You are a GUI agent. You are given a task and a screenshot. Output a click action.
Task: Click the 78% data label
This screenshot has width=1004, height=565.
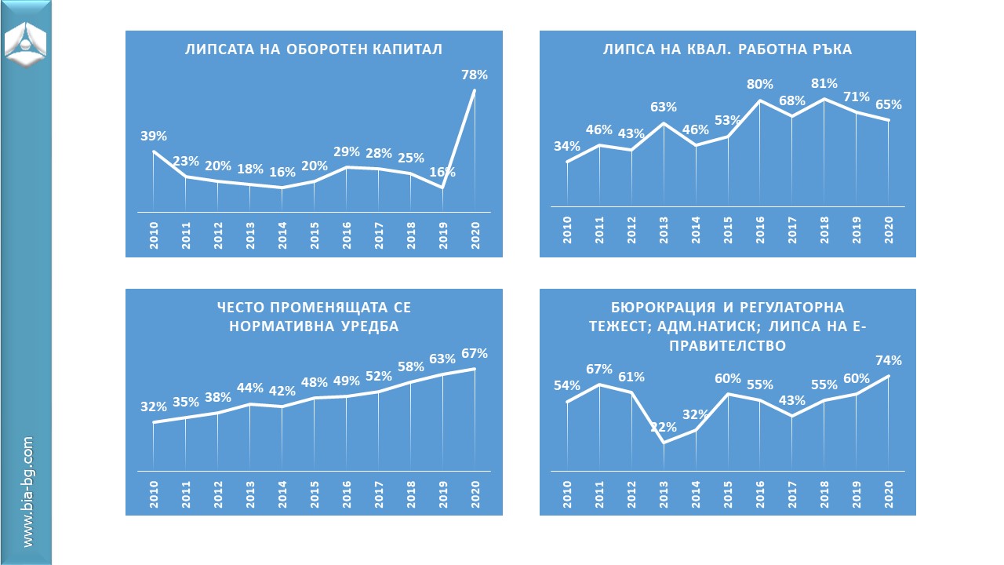coord(475,75)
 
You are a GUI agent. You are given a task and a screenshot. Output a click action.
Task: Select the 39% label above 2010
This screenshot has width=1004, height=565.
coord(154,136)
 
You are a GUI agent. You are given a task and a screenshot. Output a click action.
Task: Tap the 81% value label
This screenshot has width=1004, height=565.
coord(824,83)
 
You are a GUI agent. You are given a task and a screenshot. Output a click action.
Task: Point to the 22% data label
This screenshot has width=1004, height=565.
coord(664,427)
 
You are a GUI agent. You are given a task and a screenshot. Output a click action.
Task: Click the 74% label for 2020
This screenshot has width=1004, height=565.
coord(889,361)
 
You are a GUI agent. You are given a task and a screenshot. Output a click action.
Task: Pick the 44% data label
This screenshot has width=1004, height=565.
coord(250,388)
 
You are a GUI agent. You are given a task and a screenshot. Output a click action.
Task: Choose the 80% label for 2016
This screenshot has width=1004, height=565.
coord(760,84)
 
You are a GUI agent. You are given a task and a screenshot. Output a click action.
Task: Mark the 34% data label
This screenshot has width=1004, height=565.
coord(566,146)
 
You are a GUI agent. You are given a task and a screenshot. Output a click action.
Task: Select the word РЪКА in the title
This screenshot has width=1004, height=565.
coord(831,49)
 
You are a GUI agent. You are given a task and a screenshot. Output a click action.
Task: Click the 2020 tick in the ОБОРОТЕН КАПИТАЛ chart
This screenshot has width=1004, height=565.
coord(475,236)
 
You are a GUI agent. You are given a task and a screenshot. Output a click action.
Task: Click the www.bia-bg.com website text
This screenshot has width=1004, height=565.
coord(28,493)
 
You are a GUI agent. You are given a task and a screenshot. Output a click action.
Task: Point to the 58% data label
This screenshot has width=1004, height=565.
coord(410,366)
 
